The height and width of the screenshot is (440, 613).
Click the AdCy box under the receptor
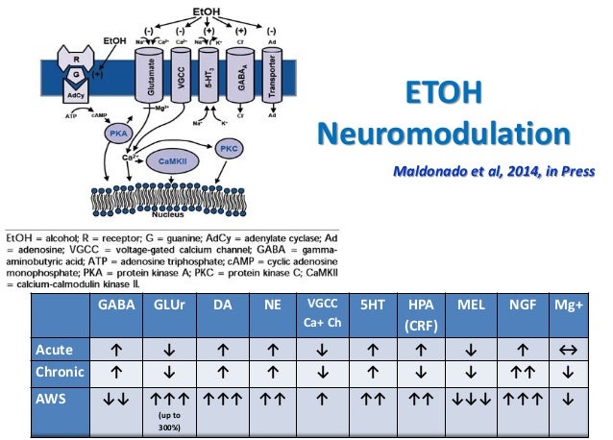tap(75, 97)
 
